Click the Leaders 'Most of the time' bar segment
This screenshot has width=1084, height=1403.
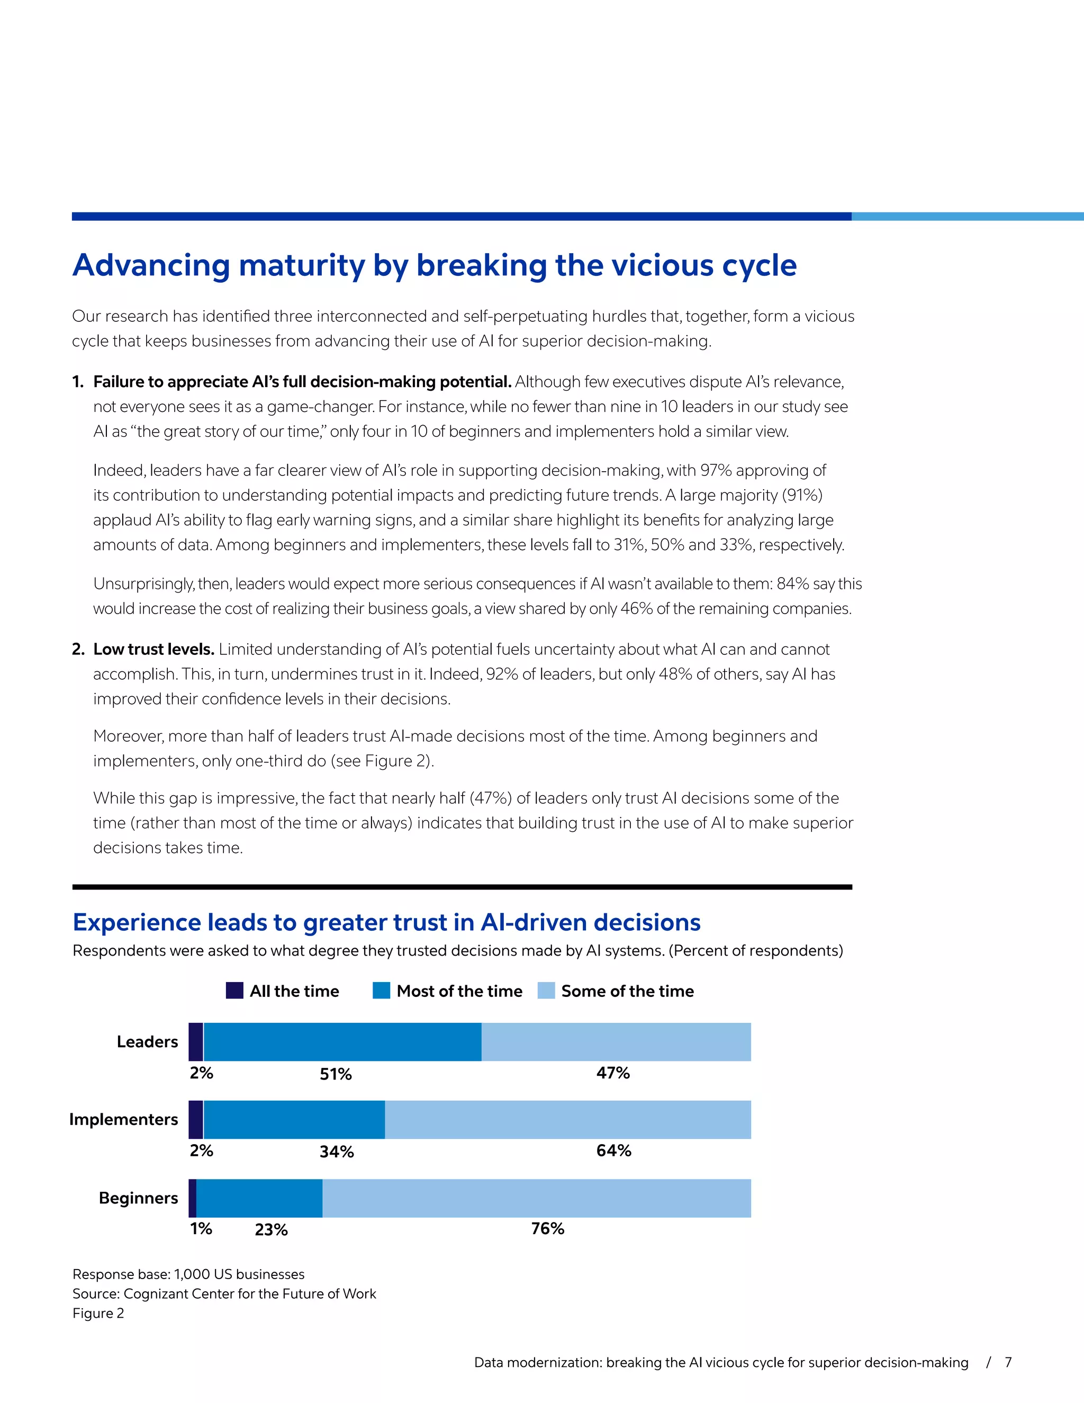point(342,1041)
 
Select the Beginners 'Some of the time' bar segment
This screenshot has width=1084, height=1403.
point(536,1198)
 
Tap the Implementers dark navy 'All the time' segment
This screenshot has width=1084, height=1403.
point(196,1119)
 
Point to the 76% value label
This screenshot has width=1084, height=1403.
point(548,1228)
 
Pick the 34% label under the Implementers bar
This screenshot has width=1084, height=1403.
point(337,1151)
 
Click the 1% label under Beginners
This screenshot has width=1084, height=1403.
point(201,1228)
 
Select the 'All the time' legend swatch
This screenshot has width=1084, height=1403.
point(234,991)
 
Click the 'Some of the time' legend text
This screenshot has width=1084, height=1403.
point(627,991)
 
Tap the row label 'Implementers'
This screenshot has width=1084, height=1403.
point(123,1119)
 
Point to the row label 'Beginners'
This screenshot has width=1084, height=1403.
point(138,1198)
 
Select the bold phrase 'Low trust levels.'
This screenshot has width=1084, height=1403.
point(153,649)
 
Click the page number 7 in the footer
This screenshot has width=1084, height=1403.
point(1008,1362)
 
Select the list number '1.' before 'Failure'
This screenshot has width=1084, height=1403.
point(78,382)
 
